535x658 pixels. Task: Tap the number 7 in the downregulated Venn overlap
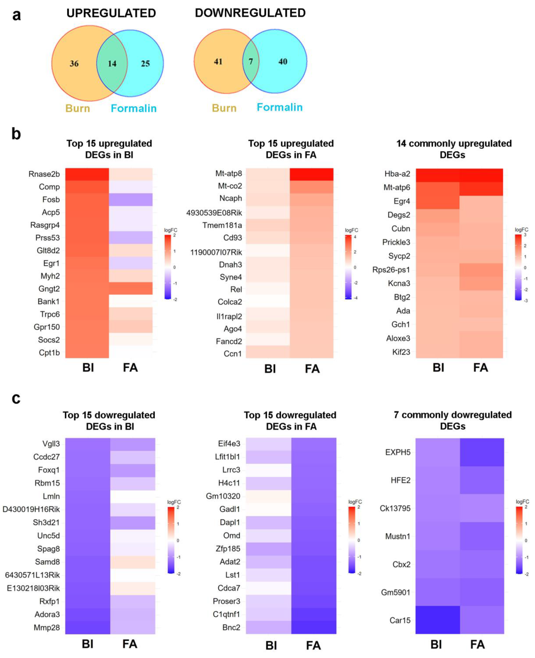click(251, 62)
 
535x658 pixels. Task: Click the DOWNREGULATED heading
click(250, 13)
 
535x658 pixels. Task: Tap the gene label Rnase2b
click(44, 174)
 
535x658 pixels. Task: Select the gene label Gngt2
click(49, 289)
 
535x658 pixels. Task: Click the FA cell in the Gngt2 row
click(131, 289)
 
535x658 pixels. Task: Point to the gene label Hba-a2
click(397, 174)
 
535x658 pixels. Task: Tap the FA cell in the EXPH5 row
click(482, 452)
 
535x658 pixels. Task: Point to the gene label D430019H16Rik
click(31, 509)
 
